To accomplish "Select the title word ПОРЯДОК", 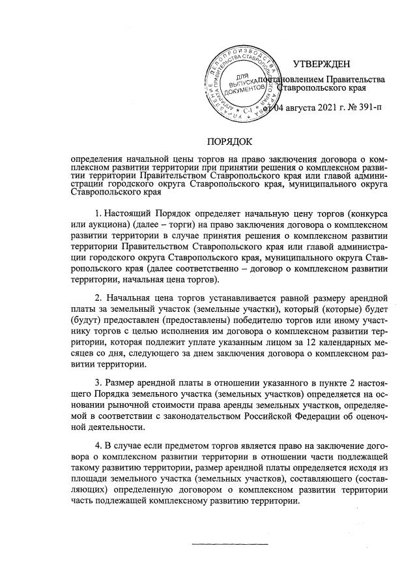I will (229, 142).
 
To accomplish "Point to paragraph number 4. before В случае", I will (99, 445).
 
